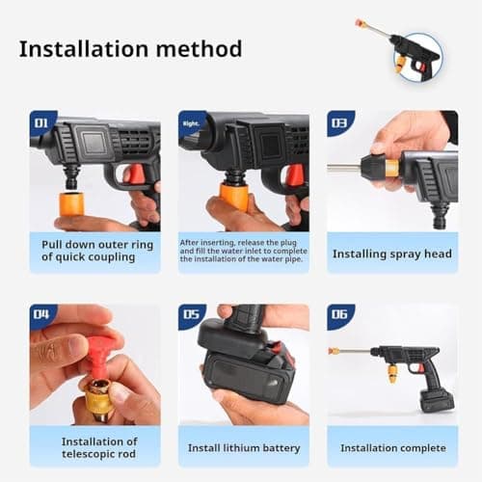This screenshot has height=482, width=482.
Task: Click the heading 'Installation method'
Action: [x=130, y=48]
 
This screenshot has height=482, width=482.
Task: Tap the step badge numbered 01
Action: [x=42, y=123]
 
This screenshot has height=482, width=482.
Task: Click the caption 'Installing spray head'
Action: [x=391, y=254]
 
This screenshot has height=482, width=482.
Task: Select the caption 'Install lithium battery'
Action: [x=243, y=447]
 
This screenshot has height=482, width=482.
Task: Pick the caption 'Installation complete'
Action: [x=391, y=447]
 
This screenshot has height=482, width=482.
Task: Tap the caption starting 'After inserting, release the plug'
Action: [x=243, y=252]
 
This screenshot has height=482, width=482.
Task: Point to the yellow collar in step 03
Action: [x=391, y=167]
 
